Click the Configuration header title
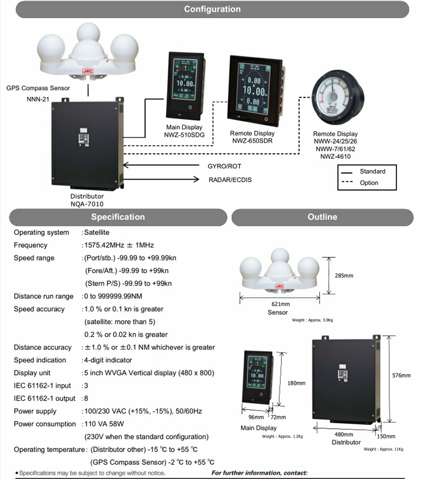212,9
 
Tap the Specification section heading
117,217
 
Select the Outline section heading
322,217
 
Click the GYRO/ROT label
224,166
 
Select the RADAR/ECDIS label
230,180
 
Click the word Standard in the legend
372,171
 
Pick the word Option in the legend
369,183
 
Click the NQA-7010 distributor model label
87,204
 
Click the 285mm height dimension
344,276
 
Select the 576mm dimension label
401,376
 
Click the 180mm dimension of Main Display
296,383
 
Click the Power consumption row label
44,424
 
